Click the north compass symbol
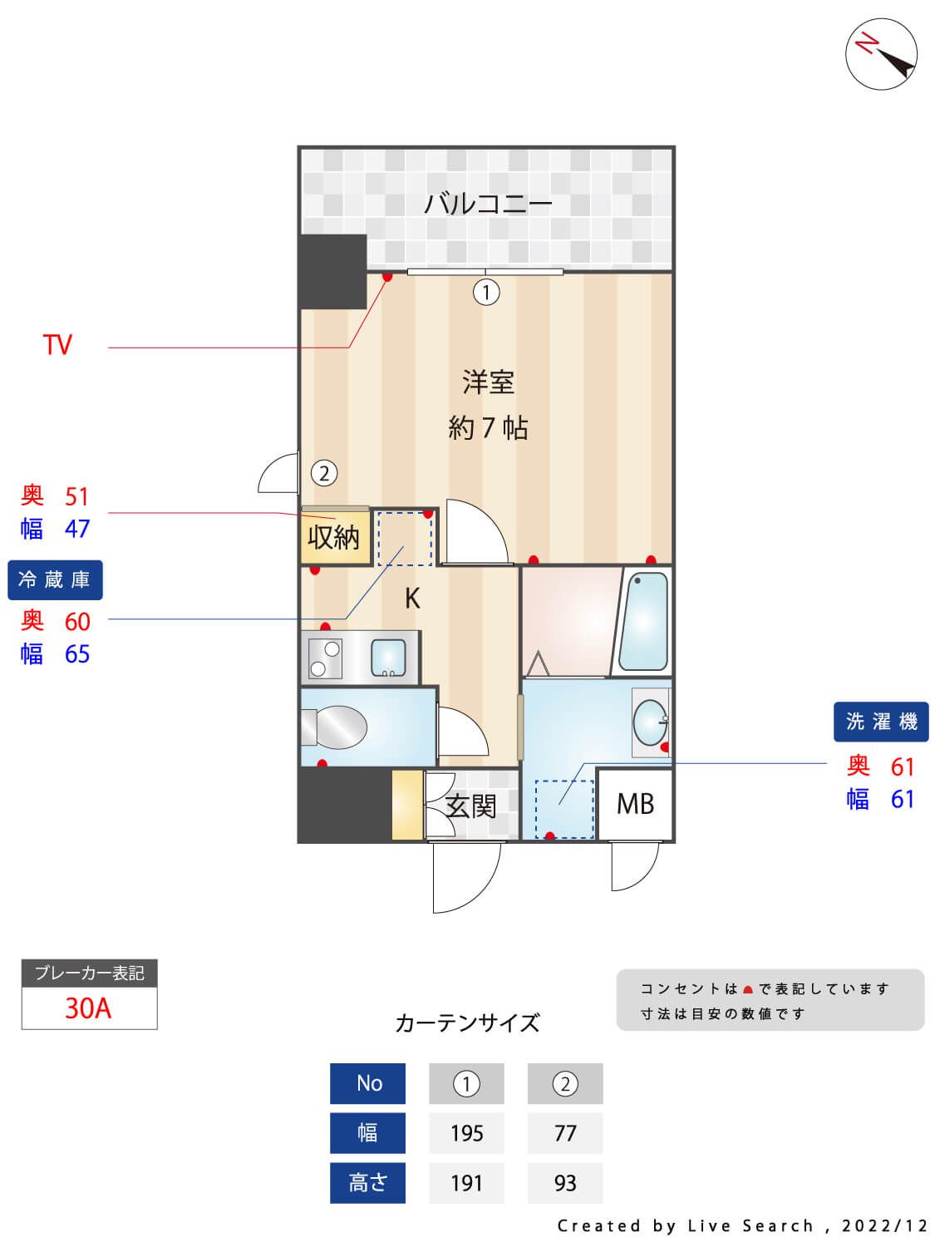881,54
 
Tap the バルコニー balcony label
488,204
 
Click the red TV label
57,345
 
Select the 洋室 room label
488,382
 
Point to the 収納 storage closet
334,538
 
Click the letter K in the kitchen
412,599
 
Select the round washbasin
649,721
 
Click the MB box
635,804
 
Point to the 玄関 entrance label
470,806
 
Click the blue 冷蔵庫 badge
55,579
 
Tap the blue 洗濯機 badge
881,722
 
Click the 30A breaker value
88,1008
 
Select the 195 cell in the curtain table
466,1133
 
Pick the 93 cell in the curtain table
565,1183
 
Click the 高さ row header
367,1183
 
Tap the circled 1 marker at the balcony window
486,292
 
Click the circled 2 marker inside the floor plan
324,473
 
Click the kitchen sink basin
387,657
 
